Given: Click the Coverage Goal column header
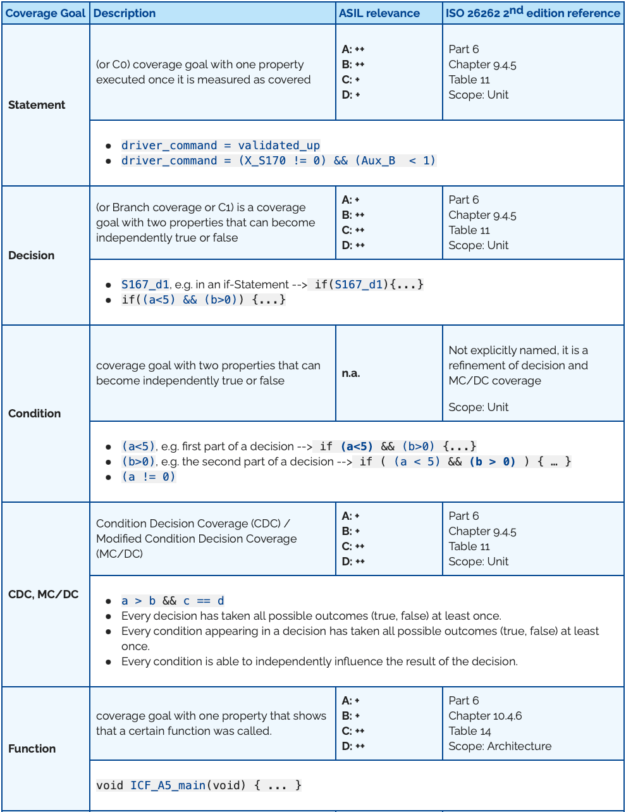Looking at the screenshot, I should click(x=45, y=13).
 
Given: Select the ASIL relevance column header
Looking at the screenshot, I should click(x=379, y=13).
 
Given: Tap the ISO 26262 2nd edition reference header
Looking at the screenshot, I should click(x=532, y=13).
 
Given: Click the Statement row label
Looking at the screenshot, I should click(x=37, y=105).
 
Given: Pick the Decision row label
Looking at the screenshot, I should click(x=32, y=255).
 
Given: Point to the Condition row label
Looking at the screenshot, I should click(x=35, y=414).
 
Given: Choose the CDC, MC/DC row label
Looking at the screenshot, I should click(x=44, y=594).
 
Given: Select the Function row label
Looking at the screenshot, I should click(x=32, y=749).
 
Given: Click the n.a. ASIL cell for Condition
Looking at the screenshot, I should click(x=351, y=373).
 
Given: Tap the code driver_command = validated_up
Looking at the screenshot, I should click(x=221, y=145).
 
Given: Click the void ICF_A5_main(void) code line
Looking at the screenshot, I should click(x=199, y=785).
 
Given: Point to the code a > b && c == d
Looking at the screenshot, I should click(x=173, y=601).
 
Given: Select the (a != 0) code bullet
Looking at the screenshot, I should click(x=149, y=477).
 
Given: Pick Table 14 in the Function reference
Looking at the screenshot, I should click(x=470, y=731).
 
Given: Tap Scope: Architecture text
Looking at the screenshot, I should click(x=500, y=746).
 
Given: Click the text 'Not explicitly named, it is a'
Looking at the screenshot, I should click(x=518, y=350).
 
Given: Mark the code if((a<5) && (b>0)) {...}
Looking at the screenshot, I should click(x=204, y=300).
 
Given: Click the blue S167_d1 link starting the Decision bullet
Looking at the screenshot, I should click(x=145, y=285).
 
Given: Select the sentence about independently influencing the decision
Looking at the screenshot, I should click(x=319, y=661).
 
